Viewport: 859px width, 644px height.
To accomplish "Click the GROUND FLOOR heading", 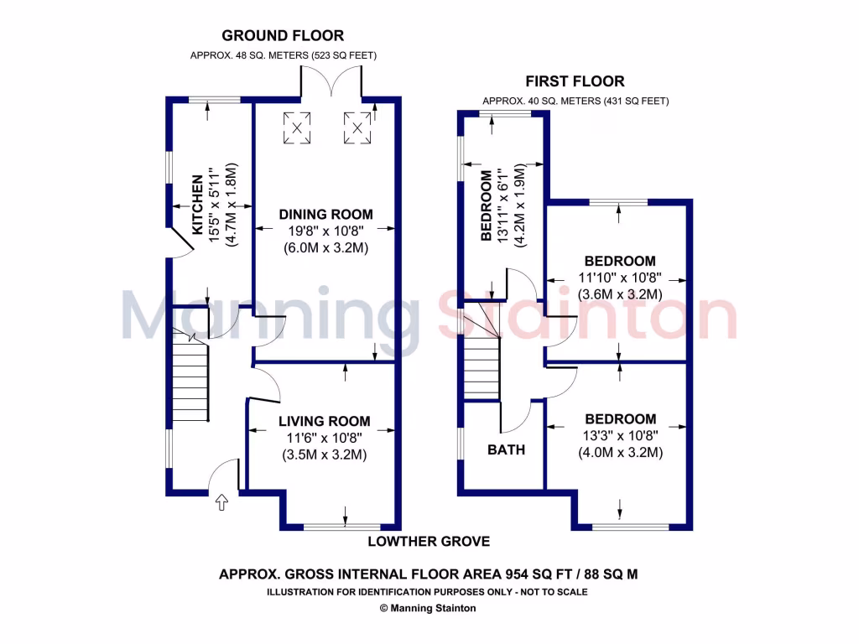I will [283, 36].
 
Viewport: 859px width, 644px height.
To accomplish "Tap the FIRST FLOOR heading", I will [575, 81].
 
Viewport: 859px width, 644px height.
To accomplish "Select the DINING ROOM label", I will [325, 215].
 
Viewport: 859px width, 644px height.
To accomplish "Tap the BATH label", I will [506, 450].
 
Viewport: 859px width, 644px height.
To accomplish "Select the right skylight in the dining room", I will [357, 127].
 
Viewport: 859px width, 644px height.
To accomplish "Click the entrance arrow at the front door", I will [221, 502].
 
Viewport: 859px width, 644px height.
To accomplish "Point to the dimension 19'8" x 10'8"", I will [325, 232].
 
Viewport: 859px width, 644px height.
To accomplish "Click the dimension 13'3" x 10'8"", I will [621, 436].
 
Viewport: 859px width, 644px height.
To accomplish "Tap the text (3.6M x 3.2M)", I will [621, 294].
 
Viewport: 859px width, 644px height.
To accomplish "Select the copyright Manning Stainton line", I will [428, 608].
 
